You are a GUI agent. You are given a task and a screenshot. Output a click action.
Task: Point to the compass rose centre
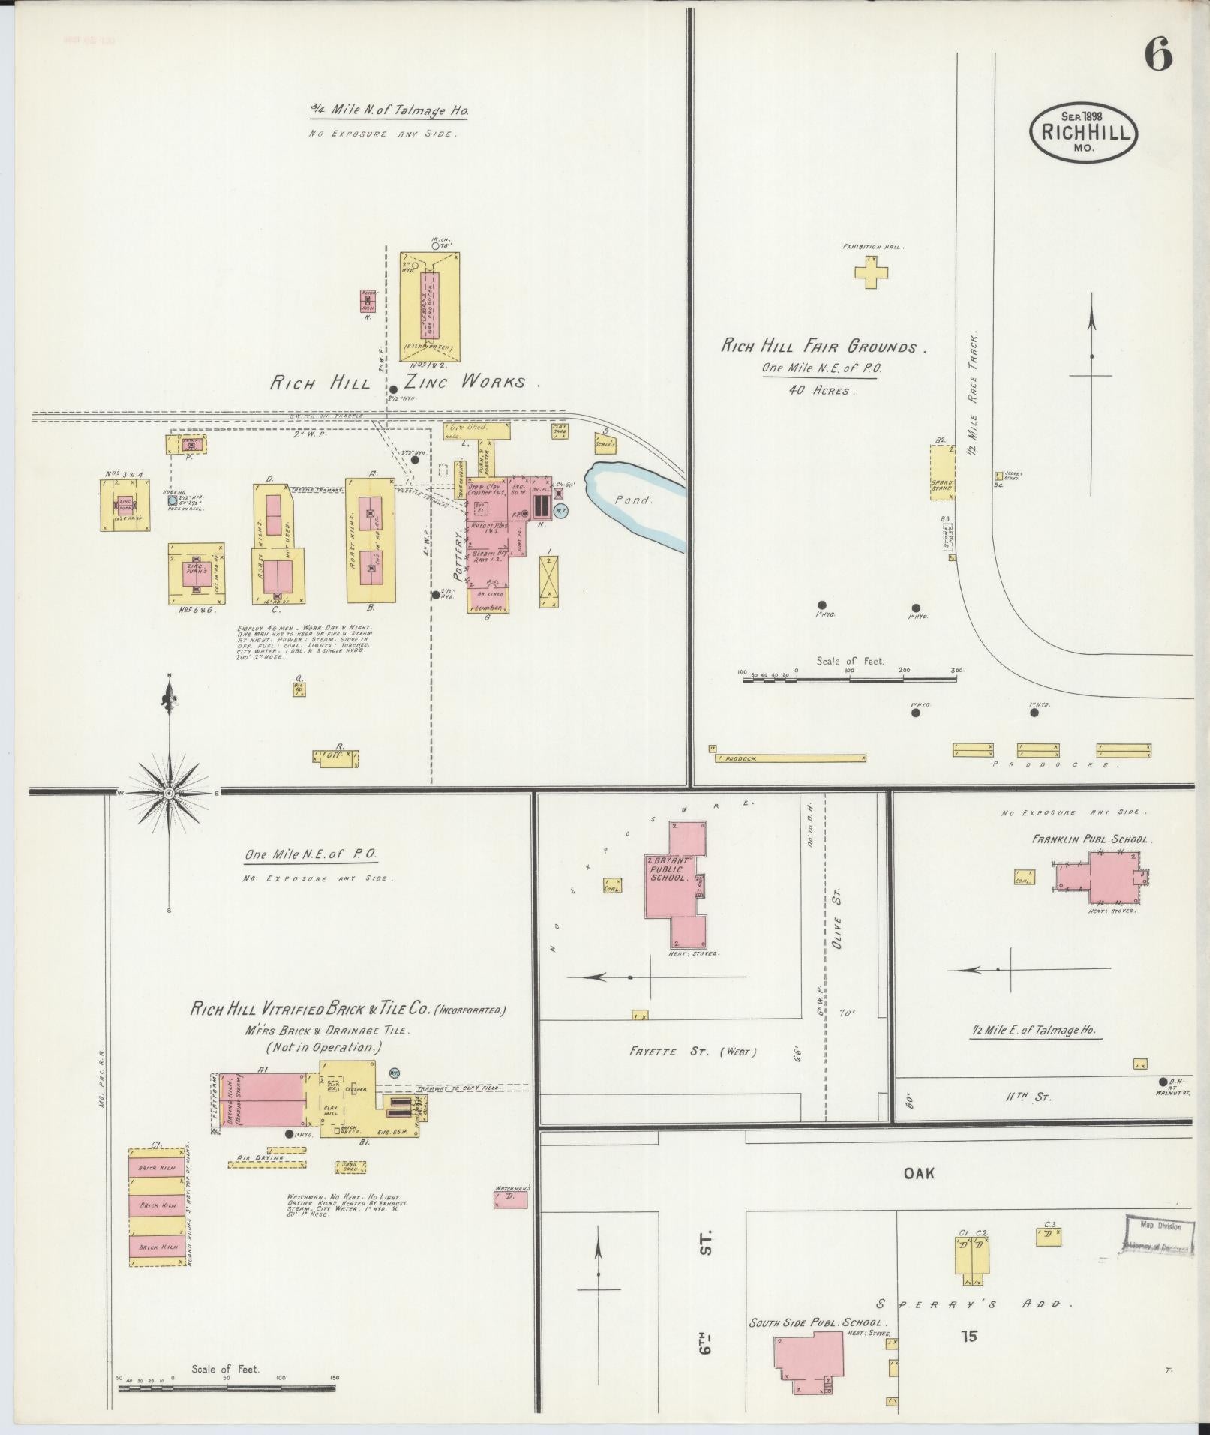point(170,793)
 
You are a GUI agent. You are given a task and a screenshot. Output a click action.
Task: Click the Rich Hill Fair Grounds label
point(824,347)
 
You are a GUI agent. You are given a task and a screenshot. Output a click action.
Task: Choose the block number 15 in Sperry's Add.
point(968,1335)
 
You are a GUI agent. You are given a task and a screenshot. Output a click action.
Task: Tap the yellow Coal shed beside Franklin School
point(1023,877)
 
